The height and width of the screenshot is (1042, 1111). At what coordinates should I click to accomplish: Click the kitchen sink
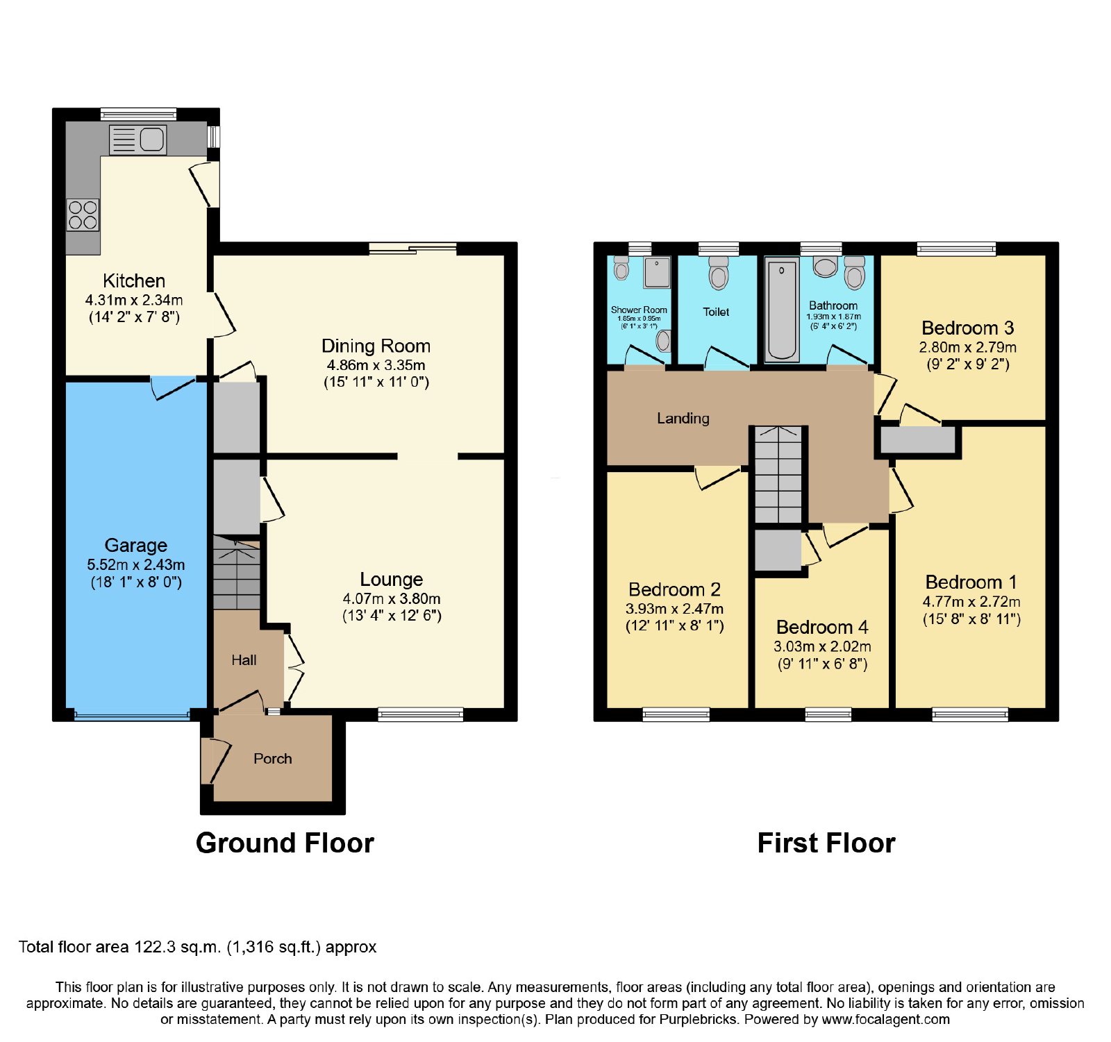tap(137, 140)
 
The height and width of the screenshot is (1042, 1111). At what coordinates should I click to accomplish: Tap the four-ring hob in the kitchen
tap(83, 215)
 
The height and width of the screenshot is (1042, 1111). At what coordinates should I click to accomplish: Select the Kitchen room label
tap(134, 281)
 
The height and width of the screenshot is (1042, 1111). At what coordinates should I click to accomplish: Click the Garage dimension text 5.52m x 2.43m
tap(136, 565)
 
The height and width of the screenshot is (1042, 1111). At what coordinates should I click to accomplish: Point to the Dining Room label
tap(376, 346)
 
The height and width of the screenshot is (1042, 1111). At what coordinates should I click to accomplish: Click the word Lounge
tap(392, 580)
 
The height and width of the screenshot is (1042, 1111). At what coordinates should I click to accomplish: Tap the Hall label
tap(244, 660)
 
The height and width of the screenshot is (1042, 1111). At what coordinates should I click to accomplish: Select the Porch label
tap(272, 759)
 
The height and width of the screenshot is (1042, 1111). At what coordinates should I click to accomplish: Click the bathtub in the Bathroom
tap(782, 310)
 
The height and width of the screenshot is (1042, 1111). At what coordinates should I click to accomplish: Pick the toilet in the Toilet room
tap(719, 273)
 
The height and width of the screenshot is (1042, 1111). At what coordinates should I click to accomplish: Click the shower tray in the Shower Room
tap(657, 272)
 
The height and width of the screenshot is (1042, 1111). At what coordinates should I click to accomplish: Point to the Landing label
tap(683, 418)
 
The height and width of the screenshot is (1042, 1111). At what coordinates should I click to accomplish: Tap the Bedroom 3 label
tap(968, 328)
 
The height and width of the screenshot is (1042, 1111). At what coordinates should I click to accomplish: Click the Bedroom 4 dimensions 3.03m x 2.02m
tap(822, 646)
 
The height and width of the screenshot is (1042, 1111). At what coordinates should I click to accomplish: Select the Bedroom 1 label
tap(971, 582)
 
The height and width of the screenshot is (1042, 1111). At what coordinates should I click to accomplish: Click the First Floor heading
tap(826, 843)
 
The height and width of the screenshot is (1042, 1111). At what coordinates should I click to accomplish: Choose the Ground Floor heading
tap(285, 843)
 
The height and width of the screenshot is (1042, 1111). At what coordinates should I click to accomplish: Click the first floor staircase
tap(778, 475)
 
